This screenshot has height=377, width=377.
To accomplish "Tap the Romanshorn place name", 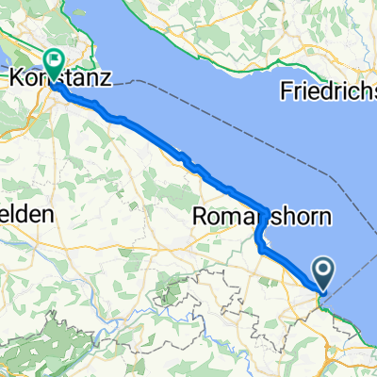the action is click(x=261, y=217).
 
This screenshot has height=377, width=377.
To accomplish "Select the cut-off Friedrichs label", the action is click(x=329, y=91).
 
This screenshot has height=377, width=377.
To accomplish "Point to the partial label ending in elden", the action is click(x=25, y=215).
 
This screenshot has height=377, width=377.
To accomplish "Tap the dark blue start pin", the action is click(x=322, y=274).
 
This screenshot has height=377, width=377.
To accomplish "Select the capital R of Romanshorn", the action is click(x=199, y=217).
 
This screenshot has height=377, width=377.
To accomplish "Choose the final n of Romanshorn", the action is click(x=325, y=217).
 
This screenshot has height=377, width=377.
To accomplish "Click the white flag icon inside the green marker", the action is click(x=55, y=61).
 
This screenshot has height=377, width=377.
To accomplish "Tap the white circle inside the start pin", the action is click(x=322, y=271).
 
